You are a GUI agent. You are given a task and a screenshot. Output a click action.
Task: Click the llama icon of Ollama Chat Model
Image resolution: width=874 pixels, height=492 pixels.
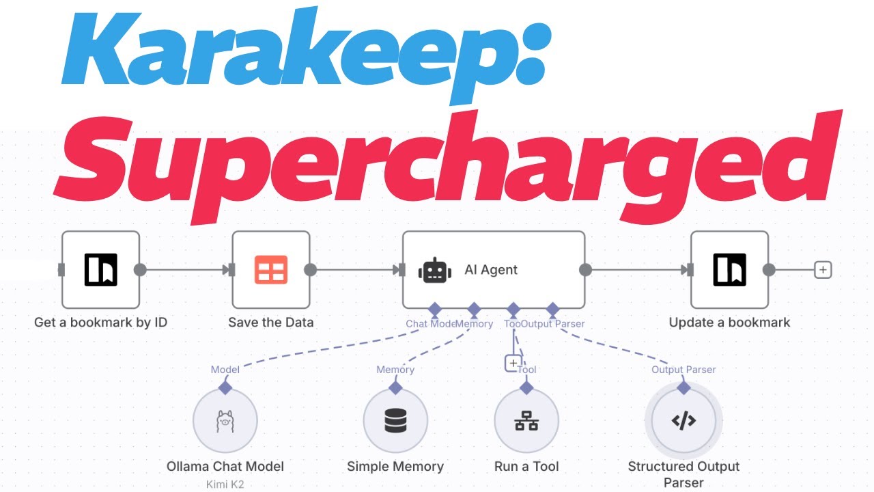point(225,421)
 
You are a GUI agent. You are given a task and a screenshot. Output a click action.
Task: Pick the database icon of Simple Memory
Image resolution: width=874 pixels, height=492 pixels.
point(395,421)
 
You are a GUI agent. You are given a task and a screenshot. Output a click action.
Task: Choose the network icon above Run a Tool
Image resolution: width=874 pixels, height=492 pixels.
point(526,421)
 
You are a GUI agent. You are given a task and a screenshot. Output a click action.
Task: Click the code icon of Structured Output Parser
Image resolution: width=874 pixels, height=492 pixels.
point(683,421)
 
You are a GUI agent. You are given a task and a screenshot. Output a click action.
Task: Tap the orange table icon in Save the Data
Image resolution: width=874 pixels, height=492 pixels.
point(270,270)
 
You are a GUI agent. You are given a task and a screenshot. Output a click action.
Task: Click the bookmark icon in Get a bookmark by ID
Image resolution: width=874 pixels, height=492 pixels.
point(101,270)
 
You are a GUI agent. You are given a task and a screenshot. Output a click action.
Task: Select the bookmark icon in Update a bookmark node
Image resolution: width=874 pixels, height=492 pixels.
point(730,270)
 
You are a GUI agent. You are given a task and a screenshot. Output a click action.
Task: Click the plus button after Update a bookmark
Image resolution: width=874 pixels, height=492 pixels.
point(823,270)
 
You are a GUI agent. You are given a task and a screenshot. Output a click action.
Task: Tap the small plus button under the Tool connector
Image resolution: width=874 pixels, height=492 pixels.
point(513,363)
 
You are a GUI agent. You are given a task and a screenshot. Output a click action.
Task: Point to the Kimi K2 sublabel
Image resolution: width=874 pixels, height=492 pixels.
point(225,484)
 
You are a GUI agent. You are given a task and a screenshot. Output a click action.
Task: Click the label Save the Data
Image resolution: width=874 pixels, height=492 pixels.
point(271,323)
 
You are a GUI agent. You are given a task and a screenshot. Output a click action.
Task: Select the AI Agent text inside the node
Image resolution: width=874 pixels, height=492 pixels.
point(491,270)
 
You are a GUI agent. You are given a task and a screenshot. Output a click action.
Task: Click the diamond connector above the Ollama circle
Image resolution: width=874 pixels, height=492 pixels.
point(225,387)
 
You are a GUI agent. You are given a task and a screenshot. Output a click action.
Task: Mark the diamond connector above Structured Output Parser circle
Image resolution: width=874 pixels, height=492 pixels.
point(683,387)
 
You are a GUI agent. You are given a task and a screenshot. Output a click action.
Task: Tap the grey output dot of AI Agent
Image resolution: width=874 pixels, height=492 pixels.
point(585,270)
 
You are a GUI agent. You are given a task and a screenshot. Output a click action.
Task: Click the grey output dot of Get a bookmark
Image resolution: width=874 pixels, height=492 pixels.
point(140,270)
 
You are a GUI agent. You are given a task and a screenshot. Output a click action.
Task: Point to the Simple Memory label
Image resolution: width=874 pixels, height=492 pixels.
point(395,467)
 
